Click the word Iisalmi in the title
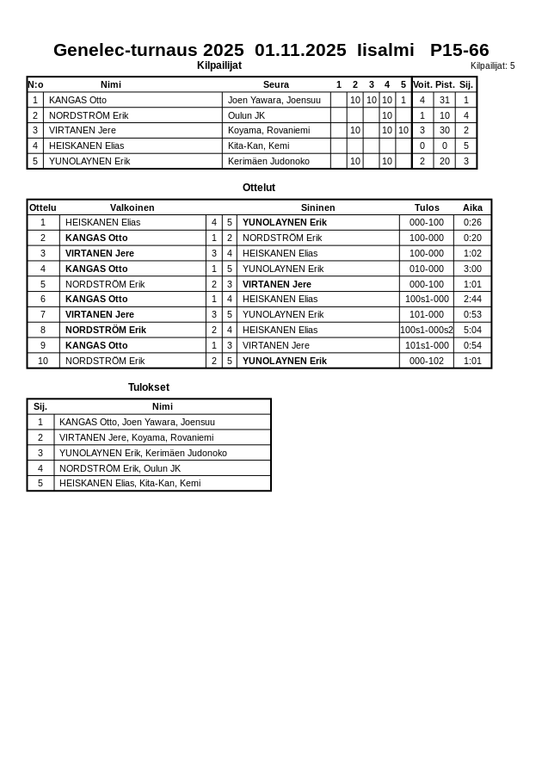(385, 50)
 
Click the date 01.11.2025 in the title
(300, 50)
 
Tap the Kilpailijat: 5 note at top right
(492, 65)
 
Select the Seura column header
(276, 84)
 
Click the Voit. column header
(422, 84)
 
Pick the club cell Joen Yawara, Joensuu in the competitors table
(262, 100)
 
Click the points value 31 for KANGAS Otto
(445, 100)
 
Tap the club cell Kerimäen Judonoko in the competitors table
(268, 161)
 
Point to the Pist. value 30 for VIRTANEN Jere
(445, 130)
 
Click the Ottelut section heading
(259, 188)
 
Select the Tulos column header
(427, 207)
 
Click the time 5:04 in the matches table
(472, 330)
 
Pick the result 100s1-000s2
(427, 330)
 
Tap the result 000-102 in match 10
(427, 361)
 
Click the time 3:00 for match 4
(472, 269)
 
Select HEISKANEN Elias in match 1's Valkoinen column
(102, 222)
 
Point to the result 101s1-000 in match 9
(427, 345)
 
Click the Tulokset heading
(149, 387)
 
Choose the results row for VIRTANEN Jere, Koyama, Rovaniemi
(136, 437)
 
